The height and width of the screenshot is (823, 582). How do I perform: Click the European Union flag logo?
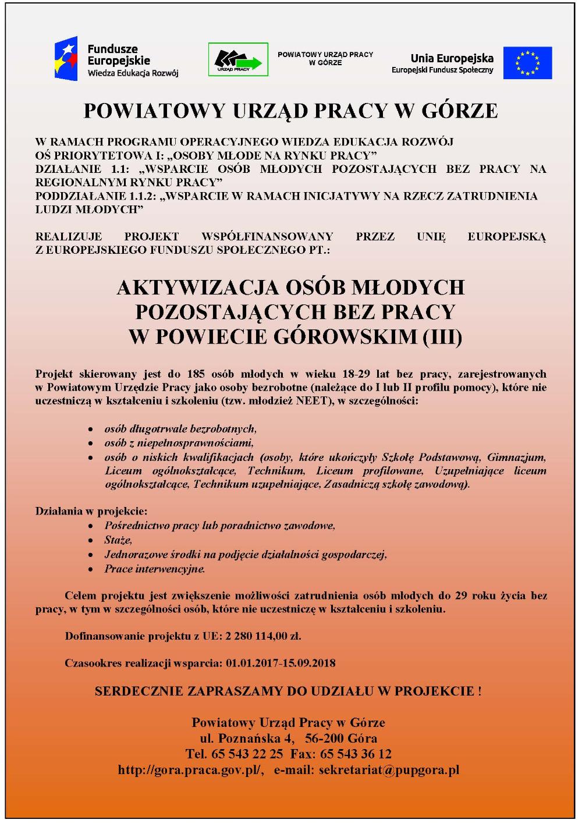[x=527, y=62]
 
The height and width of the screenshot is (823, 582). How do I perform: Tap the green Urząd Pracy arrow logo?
[x=238, y=59]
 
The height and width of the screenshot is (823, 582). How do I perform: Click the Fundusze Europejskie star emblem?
[x=68, y=59]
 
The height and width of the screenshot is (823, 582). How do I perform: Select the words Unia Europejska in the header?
[x=452, y=58]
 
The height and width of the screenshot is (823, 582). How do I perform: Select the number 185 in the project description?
[x=196, y=374]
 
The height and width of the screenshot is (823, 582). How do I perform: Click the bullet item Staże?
[x=118, y=540]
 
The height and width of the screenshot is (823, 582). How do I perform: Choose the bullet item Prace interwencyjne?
[x=154, y=569]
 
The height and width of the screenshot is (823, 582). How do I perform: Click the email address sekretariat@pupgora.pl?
[x=388, y=769]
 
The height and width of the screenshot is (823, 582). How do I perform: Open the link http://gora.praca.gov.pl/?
[x=191, y=769]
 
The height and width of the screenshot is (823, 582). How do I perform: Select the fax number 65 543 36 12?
[x=356, y=754]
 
